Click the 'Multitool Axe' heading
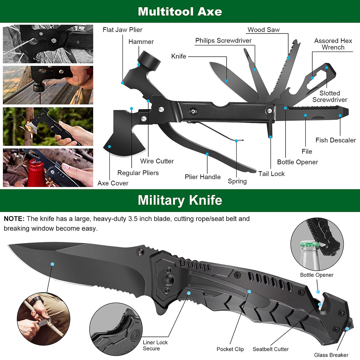tap(180, 12)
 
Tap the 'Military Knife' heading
tap(180, 200)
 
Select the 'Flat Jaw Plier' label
tap(122, 30)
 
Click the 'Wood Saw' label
tap(263, 30)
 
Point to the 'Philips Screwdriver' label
tap(223, 41)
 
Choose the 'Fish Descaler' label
tap(335, 140)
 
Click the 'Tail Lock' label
tap(271, 174)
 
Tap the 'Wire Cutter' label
tap(157, 161)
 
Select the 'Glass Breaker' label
tap(331, 355)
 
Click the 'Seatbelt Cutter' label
tap(270, 349)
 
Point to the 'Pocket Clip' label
tap(230, 349)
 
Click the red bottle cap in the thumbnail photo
tap(36, 172)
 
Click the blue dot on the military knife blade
tap(52, 264)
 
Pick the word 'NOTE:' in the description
tap(14, 219)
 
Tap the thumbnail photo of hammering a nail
tap(48, 85)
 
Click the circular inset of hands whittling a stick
tap(43, 319)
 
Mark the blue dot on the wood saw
tap(288, 58)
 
